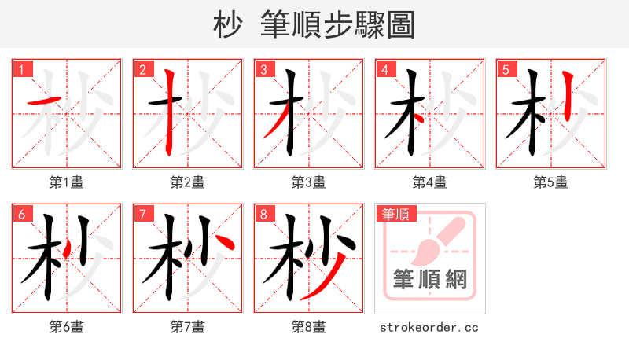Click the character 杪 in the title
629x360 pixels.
[x=227, y=25]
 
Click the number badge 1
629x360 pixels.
[x=22, y=69]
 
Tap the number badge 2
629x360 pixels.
[x=143, y=69]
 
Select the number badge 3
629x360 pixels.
[x=264, y=69]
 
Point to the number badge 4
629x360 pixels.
[x=385, y=69]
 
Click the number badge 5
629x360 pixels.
[x=506, y=69]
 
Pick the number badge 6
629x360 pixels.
[x=22, y=214]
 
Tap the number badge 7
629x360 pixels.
[x=143, y=214]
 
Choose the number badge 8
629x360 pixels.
[x=264, y=214]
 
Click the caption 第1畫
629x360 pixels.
[x=67, y=182]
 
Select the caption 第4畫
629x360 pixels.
[x=430, y=182]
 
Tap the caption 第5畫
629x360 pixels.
[x=551, y=182]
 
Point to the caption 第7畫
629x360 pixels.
[x=188, y=326]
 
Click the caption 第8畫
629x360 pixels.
[x=309, y=326]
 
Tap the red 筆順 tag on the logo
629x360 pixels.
[x=396, y=214]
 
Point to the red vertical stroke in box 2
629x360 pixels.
[x=169, y=110]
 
